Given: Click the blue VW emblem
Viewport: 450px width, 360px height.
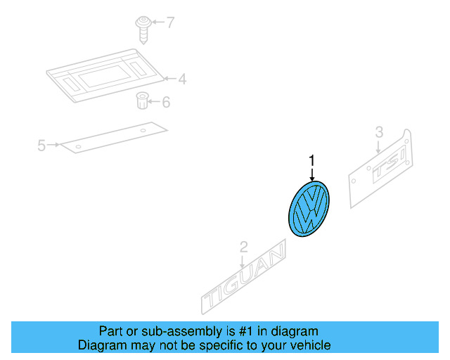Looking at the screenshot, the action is [x=309, y=209].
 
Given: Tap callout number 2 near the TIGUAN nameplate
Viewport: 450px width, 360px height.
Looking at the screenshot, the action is [x=243, y=247].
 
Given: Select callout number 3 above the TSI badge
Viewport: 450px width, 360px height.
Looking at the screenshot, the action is [x=379, y=131].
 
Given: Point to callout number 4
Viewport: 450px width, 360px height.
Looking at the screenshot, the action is [x=182, y=79].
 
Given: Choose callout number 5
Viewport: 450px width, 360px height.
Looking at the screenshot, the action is [x=41, y=146].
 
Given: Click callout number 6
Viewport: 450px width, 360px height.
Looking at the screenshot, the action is [x=166, y=103].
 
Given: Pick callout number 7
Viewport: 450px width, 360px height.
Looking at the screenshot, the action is [x=169, y=22].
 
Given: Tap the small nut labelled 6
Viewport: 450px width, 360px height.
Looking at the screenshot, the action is [x=141, y=101].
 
